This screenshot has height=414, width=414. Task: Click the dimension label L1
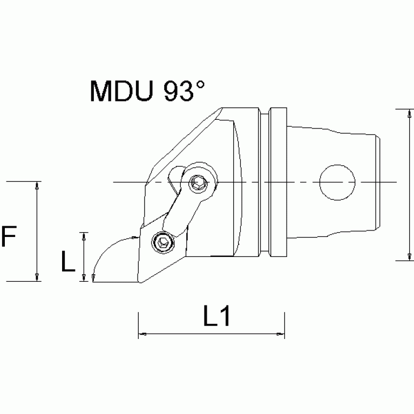217,317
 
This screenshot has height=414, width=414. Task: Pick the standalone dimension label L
67,262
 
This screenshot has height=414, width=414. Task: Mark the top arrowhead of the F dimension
37,185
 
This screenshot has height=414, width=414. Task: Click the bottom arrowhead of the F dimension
37,277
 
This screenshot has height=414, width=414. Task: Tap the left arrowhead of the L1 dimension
142,335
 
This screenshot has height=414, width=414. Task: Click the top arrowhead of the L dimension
84,235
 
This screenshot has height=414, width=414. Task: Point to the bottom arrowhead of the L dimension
84,277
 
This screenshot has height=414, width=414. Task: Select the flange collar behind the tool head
279,184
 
